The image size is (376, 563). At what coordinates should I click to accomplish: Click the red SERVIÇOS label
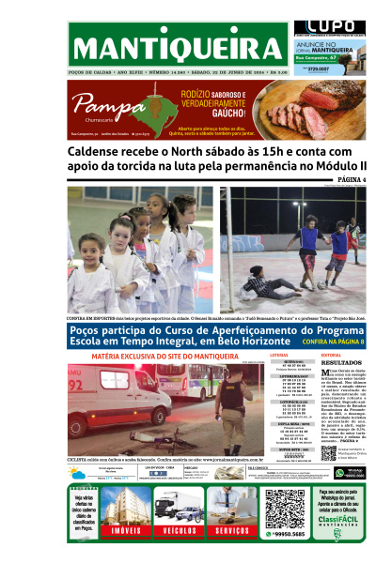(x=230, y=531)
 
